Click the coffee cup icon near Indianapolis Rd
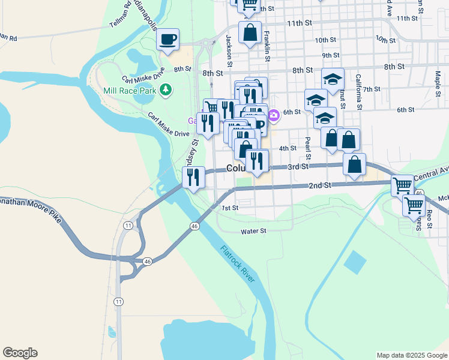(x=167, y=39)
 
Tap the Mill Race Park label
(x=130, y=91)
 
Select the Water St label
(x=253, y=231)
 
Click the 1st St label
(x=231, y=208)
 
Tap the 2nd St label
(x=320, y=186)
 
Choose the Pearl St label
(x=308, y=145)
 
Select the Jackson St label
(x=229, y=50)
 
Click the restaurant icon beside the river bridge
(x=192, y=177)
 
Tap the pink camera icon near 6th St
(x=274, y=115)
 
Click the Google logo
(x=20, y=353)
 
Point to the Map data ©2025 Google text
(x=411, y=355)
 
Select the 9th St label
(x=331, y=55)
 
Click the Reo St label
(x=429, y=220)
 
